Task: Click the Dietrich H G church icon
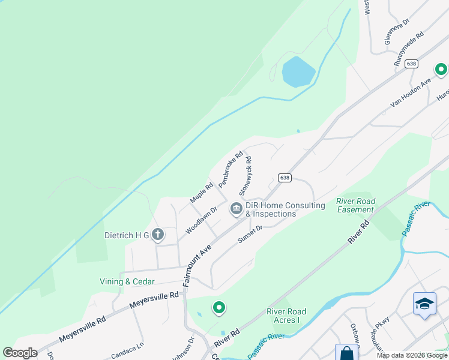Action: (157, 235)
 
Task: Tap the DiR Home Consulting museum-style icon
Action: (236, 209)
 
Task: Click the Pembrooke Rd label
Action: (231, 169)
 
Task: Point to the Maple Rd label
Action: (202, 192)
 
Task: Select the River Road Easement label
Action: (355, 205)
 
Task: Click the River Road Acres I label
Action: (286, 316)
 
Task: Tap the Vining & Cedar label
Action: (127, 281)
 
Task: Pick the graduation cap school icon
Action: (424, 303)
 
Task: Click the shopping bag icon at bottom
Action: (346, 353)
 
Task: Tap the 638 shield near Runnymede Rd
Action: (411, 64)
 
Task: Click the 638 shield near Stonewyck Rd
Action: (285, 178)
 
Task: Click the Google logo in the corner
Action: (20, 353)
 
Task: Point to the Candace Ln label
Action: (128, 347)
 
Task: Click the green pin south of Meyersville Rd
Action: (219, 308)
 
